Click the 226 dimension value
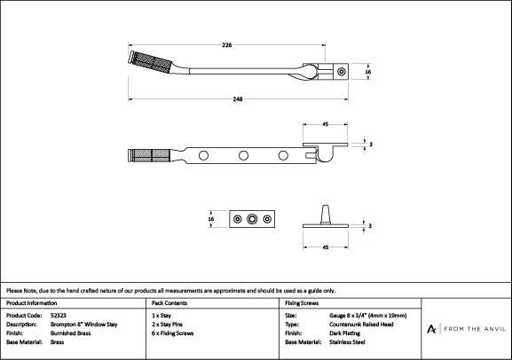tap(226, 45)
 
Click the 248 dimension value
tap(238, 99)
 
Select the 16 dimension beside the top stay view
tap(368, 72)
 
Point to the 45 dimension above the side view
tap(326, 124)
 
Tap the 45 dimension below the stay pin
tap(326, 247)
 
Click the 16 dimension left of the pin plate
tap(211, 219)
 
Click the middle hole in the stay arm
tap(243, 155)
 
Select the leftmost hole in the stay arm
tap(203, 155)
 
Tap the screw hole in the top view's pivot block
tap(342, 72)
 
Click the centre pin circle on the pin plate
tap(252, 219)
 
